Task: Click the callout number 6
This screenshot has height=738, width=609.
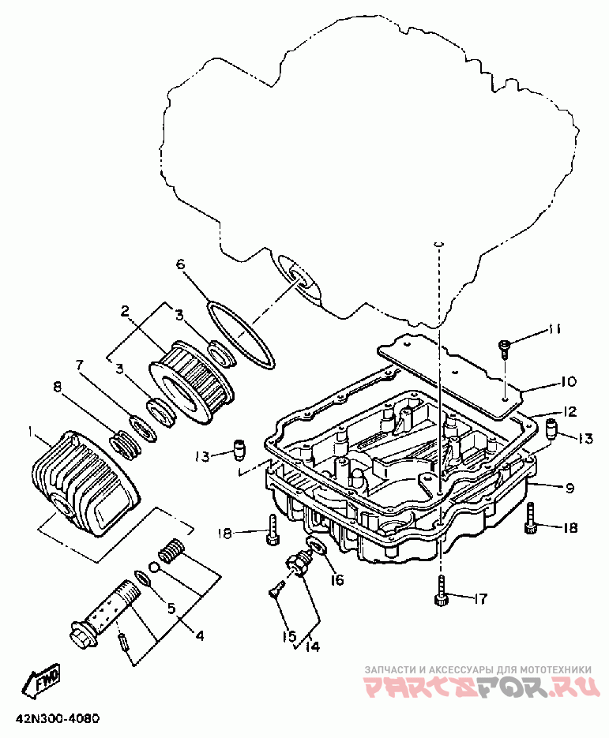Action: (x=181, y=264)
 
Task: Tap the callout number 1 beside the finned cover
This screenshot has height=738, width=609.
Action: (x=31, y=431)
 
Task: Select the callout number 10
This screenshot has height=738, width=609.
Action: (x=569, y=380)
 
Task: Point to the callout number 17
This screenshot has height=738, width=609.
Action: (x=480, y=598)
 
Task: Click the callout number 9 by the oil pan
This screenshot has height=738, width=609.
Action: (x=570, y=488)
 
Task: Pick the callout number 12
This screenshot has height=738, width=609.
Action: (x=570, y=411)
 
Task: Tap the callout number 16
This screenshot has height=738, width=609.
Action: (x=336, y=580)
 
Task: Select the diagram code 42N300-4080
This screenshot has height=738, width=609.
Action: (x=58, y=719)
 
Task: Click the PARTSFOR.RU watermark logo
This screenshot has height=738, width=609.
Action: (x=483, y=687)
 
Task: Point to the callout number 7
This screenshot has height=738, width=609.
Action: (x=79, y=365)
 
